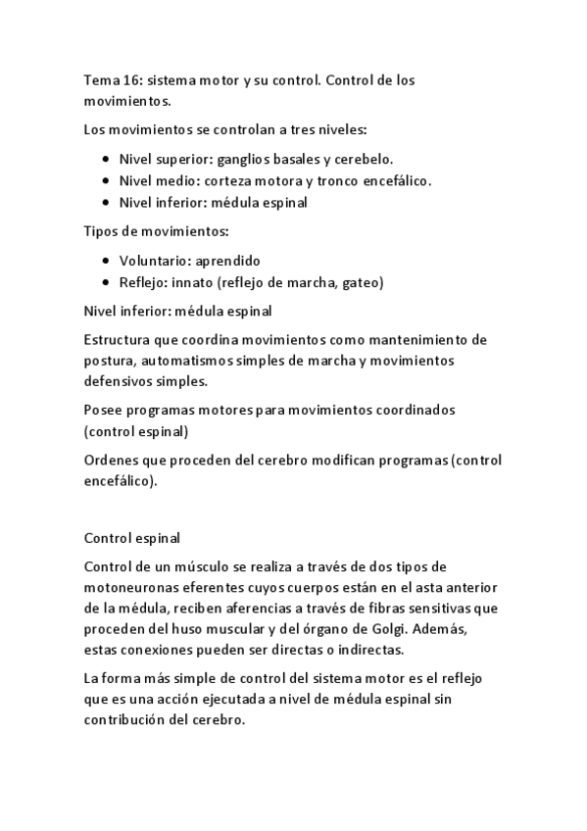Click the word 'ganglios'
point(245,159)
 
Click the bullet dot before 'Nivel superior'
point(106,159)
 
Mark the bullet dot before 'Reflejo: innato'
point(106,283)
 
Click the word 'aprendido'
point(227,261)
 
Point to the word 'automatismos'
point(185,361)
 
